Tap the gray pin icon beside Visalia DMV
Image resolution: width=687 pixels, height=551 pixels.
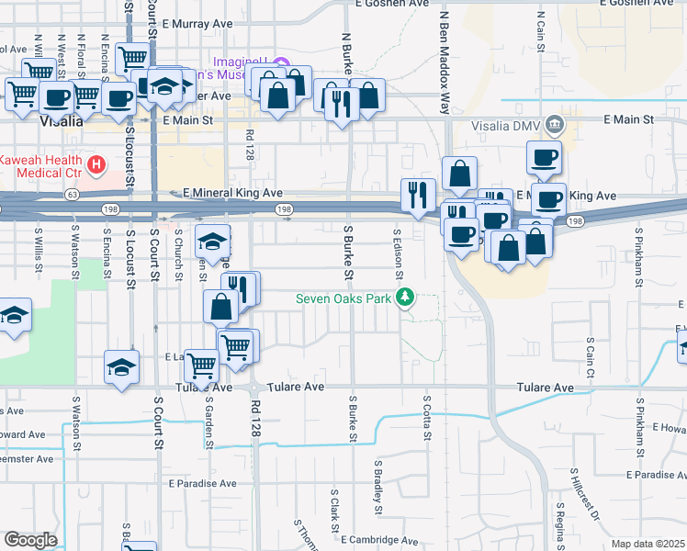click(x=553, y=124)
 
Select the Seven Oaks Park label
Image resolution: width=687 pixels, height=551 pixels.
click(x=343, y=298)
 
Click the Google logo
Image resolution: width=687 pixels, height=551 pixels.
click(x=30, y=540)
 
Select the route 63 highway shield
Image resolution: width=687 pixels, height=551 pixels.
click(x=71, y=195)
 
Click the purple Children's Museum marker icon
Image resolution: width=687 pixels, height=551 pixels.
click(x=281, y=62)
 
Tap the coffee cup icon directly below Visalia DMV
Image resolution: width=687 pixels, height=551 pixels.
click(x=544, y=157)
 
